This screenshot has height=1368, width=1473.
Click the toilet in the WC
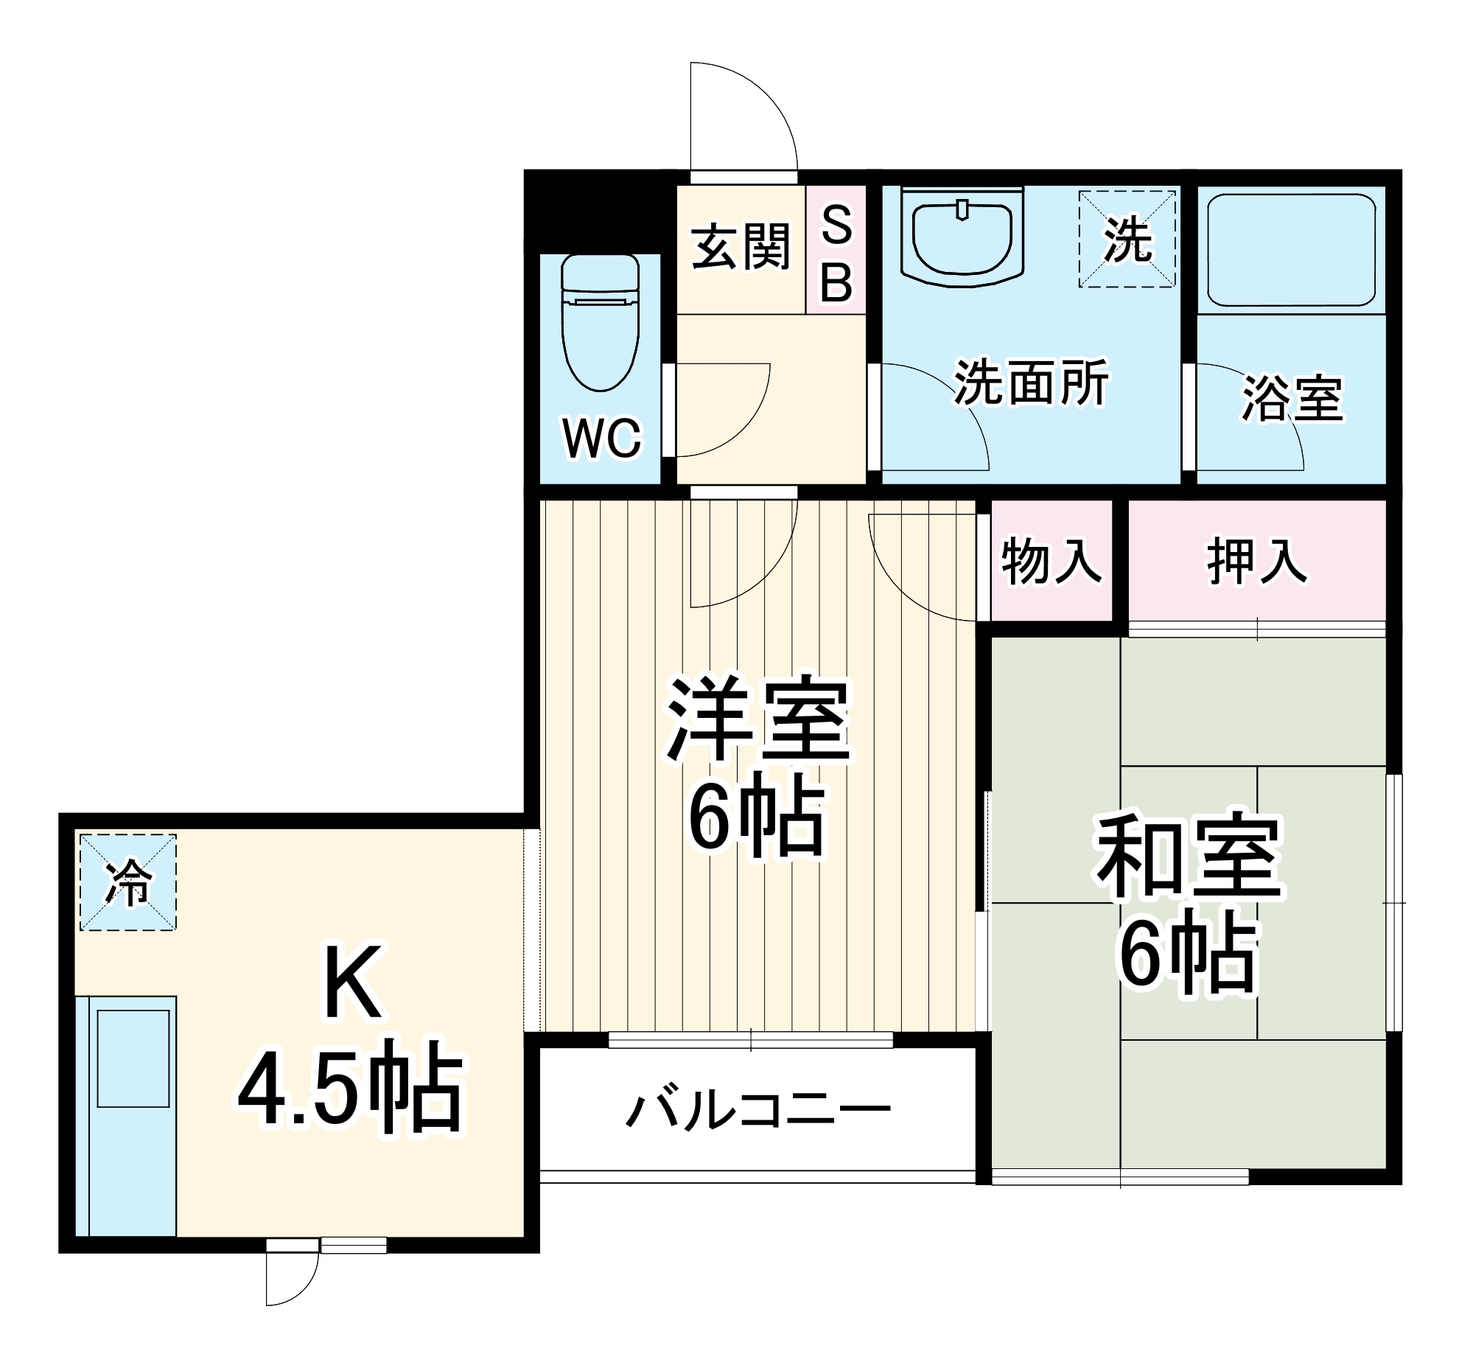tap(600, 322)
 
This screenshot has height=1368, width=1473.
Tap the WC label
tap(601, 439)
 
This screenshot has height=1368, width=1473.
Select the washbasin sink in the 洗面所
tap(962, 237)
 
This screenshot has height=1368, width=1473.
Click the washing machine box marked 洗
tap(1127, 239)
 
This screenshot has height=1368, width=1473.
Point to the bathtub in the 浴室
tap(1291, 249)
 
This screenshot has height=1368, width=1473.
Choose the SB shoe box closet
tap(836, 250)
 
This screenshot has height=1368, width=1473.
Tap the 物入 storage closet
tap(1051, 560)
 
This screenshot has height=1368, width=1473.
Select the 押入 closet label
tap(1256, 560)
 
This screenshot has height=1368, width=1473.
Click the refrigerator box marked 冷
tap(128, 882)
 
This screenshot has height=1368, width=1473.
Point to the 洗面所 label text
tap(1030, 383)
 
